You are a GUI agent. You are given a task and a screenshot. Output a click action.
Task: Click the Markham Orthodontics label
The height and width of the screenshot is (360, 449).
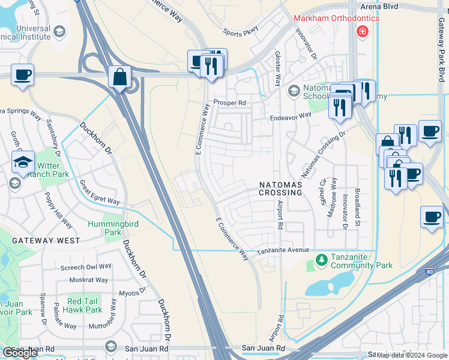point(336,18)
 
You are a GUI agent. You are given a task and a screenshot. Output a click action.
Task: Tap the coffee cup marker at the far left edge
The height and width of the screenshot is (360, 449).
point(22,75)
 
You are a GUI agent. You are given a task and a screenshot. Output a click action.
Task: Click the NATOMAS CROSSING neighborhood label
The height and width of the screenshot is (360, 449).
point(280,188)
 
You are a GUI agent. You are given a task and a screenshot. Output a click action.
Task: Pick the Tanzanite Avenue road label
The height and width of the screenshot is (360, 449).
point(283,250)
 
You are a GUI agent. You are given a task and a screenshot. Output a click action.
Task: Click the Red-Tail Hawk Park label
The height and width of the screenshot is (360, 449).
point(85,305)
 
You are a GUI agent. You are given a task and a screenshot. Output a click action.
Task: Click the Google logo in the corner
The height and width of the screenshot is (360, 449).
point(20,353)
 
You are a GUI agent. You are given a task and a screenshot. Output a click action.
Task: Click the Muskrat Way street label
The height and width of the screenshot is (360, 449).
point(88,280)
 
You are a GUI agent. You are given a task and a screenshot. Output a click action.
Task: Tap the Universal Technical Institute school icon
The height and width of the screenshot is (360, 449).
point(59,31)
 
